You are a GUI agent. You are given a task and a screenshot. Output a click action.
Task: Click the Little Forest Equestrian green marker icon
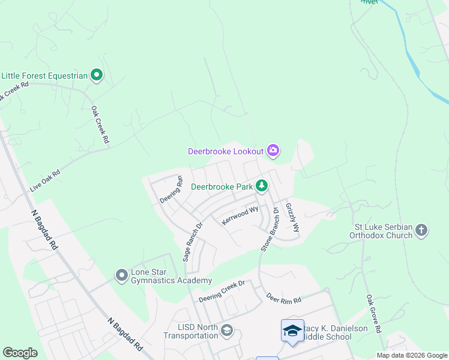coord(97,75)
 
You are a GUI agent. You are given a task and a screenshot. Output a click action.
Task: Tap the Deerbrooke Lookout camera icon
coord(273,150)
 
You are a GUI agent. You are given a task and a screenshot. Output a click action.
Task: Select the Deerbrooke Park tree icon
coord(262,186)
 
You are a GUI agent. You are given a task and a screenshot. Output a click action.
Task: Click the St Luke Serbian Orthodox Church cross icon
coord(422,230)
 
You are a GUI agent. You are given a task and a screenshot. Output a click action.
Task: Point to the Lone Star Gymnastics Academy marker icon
coord(122,275)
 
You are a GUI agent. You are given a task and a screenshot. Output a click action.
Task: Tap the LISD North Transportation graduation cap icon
coord(227,331)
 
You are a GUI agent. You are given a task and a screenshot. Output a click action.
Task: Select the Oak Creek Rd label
coord(100,125)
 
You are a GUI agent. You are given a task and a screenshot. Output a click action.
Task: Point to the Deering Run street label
coord(170,189)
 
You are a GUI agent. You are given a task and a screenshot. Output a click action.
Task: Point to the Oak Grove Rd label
coord(373,314)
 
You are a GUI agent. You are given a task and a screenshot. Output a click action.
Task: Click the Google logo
coord(20,353)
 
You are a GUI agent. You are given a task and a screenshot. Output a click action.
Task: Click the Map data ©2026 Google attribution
coord(412,355)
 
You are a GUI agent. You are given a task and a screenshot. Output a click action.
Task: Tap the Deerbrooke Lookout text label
coord(226,151)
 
